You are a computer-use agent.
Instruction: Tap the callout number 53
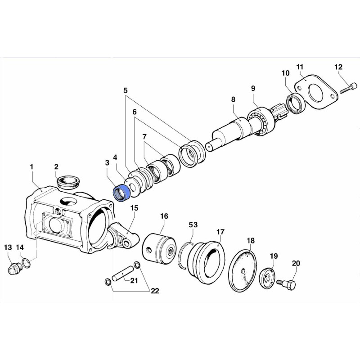193,225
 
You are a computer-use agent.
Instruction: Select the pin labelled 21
121,273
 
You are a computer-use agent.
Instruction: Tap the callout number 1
31,167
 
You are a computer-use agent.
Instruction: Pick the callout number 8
233,99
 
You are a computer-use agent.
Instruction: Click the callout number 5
126,90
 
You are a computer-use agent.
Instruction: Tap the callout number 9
253,88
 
